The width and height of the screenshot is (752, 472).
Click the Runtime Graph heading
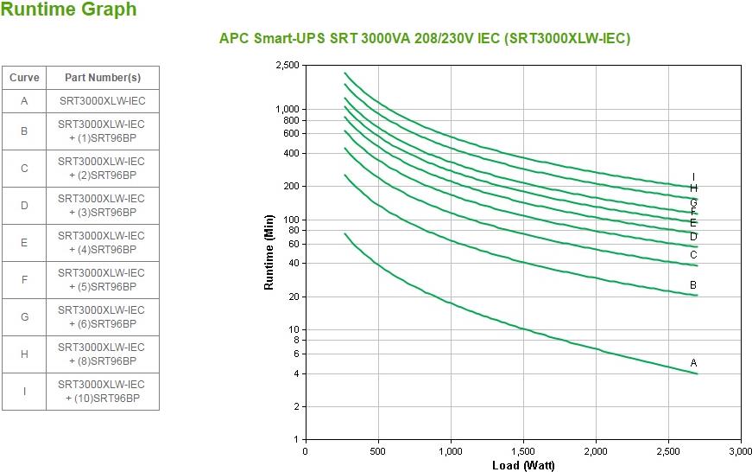tap(69, 10)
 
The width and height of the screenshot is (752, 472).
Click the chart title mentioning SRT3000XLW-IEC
tap(424, 39)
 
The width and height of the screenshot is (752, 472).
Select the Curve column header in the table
tap(24, 78)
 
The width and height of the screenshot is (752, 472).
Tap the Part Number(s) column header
tap(102, 78)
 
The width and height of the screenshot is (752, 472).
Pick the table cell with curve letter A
tap(24, 101)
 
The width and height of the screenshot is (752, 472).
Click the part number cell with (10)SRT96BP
tap(102, 392)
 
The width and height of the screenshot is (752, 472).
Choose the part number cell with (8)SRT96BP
tap(102, 354)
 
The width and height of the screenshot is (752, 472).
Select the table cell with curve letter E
tap(24, 243)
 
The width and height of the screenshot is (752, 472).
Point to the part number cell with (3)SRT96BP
tap(102, 206)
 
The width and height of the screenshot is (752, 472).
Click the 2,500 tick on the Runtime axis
tap(288, 66)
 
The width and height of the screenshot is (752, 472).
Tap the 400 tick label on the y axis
tap(291, 154)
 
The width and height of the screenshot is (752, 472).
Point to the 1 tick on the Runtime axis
tap(296, 440)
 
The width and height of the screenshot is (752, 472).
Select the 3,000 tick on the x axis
tap(741, 451)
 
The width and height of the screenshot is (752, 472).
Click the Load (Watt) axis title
tap(523, 466)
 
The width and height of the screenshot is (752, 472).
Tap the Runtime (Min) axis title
tap(269, 252)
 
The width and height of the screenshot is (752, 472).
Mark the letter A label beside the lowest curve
tap(693, 363)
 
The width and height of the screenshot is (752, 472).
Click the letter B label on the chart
tap(693, 285)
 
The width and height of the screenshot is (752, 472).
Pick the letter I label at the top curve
tap(693, 177)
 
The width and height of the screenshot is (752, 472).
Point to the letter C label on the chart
tap(693, 255)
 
